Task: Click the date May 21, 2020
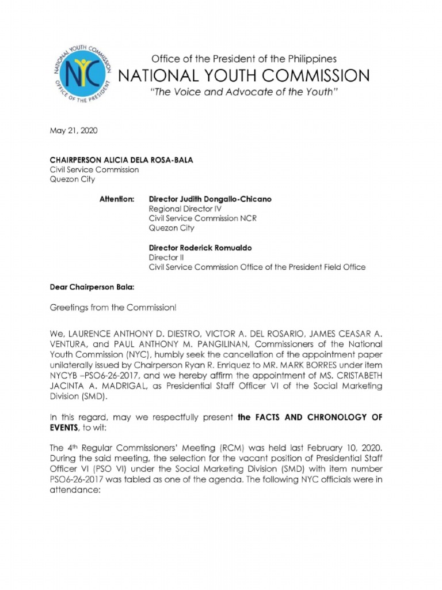point(73,131)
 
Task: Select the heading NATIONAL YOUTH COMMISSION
point(243,75)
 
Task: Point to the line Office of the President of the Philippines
point(243,59)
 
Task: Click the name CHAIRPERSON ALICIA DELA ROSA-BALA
point(121,160)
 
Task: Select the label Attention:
point(117,199)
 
